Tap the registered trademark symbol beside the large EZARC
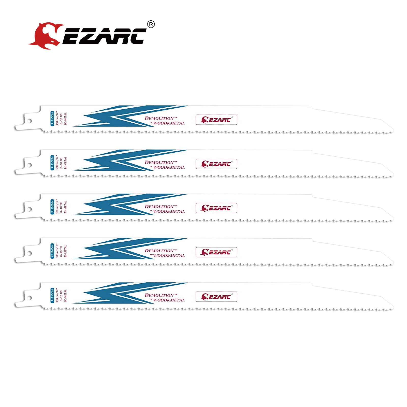point(151,24)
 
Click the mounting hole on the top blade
point(29,121)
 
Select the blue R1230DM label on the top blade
point(52,118)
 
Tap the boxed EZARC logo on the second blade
point(216,164)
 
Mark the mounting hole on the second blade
point(29,165)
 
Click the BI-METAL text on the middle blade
point(65,207)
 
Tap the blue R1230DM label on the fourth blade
point(52,251)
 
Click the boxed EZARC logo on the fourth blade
point(216,252)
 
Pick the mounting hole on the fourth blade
point(29,253)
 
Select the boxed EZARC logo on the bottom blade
point(216,297)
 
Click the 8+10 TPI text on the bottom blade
point(61,295)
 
